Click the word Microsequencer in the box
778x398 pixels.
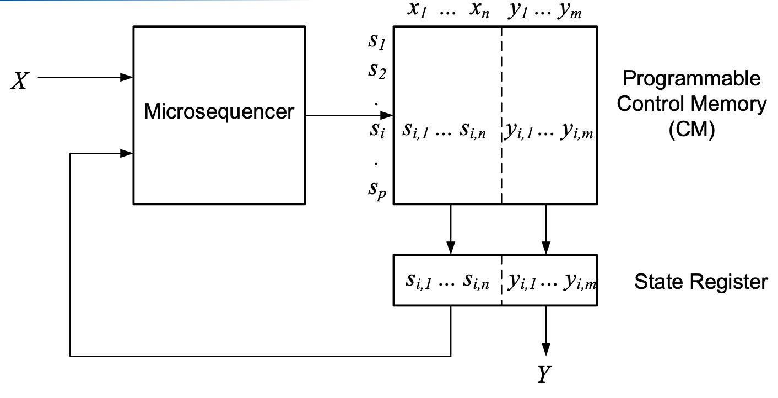tap(219, 112)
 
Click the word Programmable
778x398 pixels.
tap(691, 79)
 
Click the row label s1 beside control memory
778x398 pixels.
tap(376, 45)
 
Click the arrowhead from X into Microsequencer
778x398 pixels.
tap(127, 77)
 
